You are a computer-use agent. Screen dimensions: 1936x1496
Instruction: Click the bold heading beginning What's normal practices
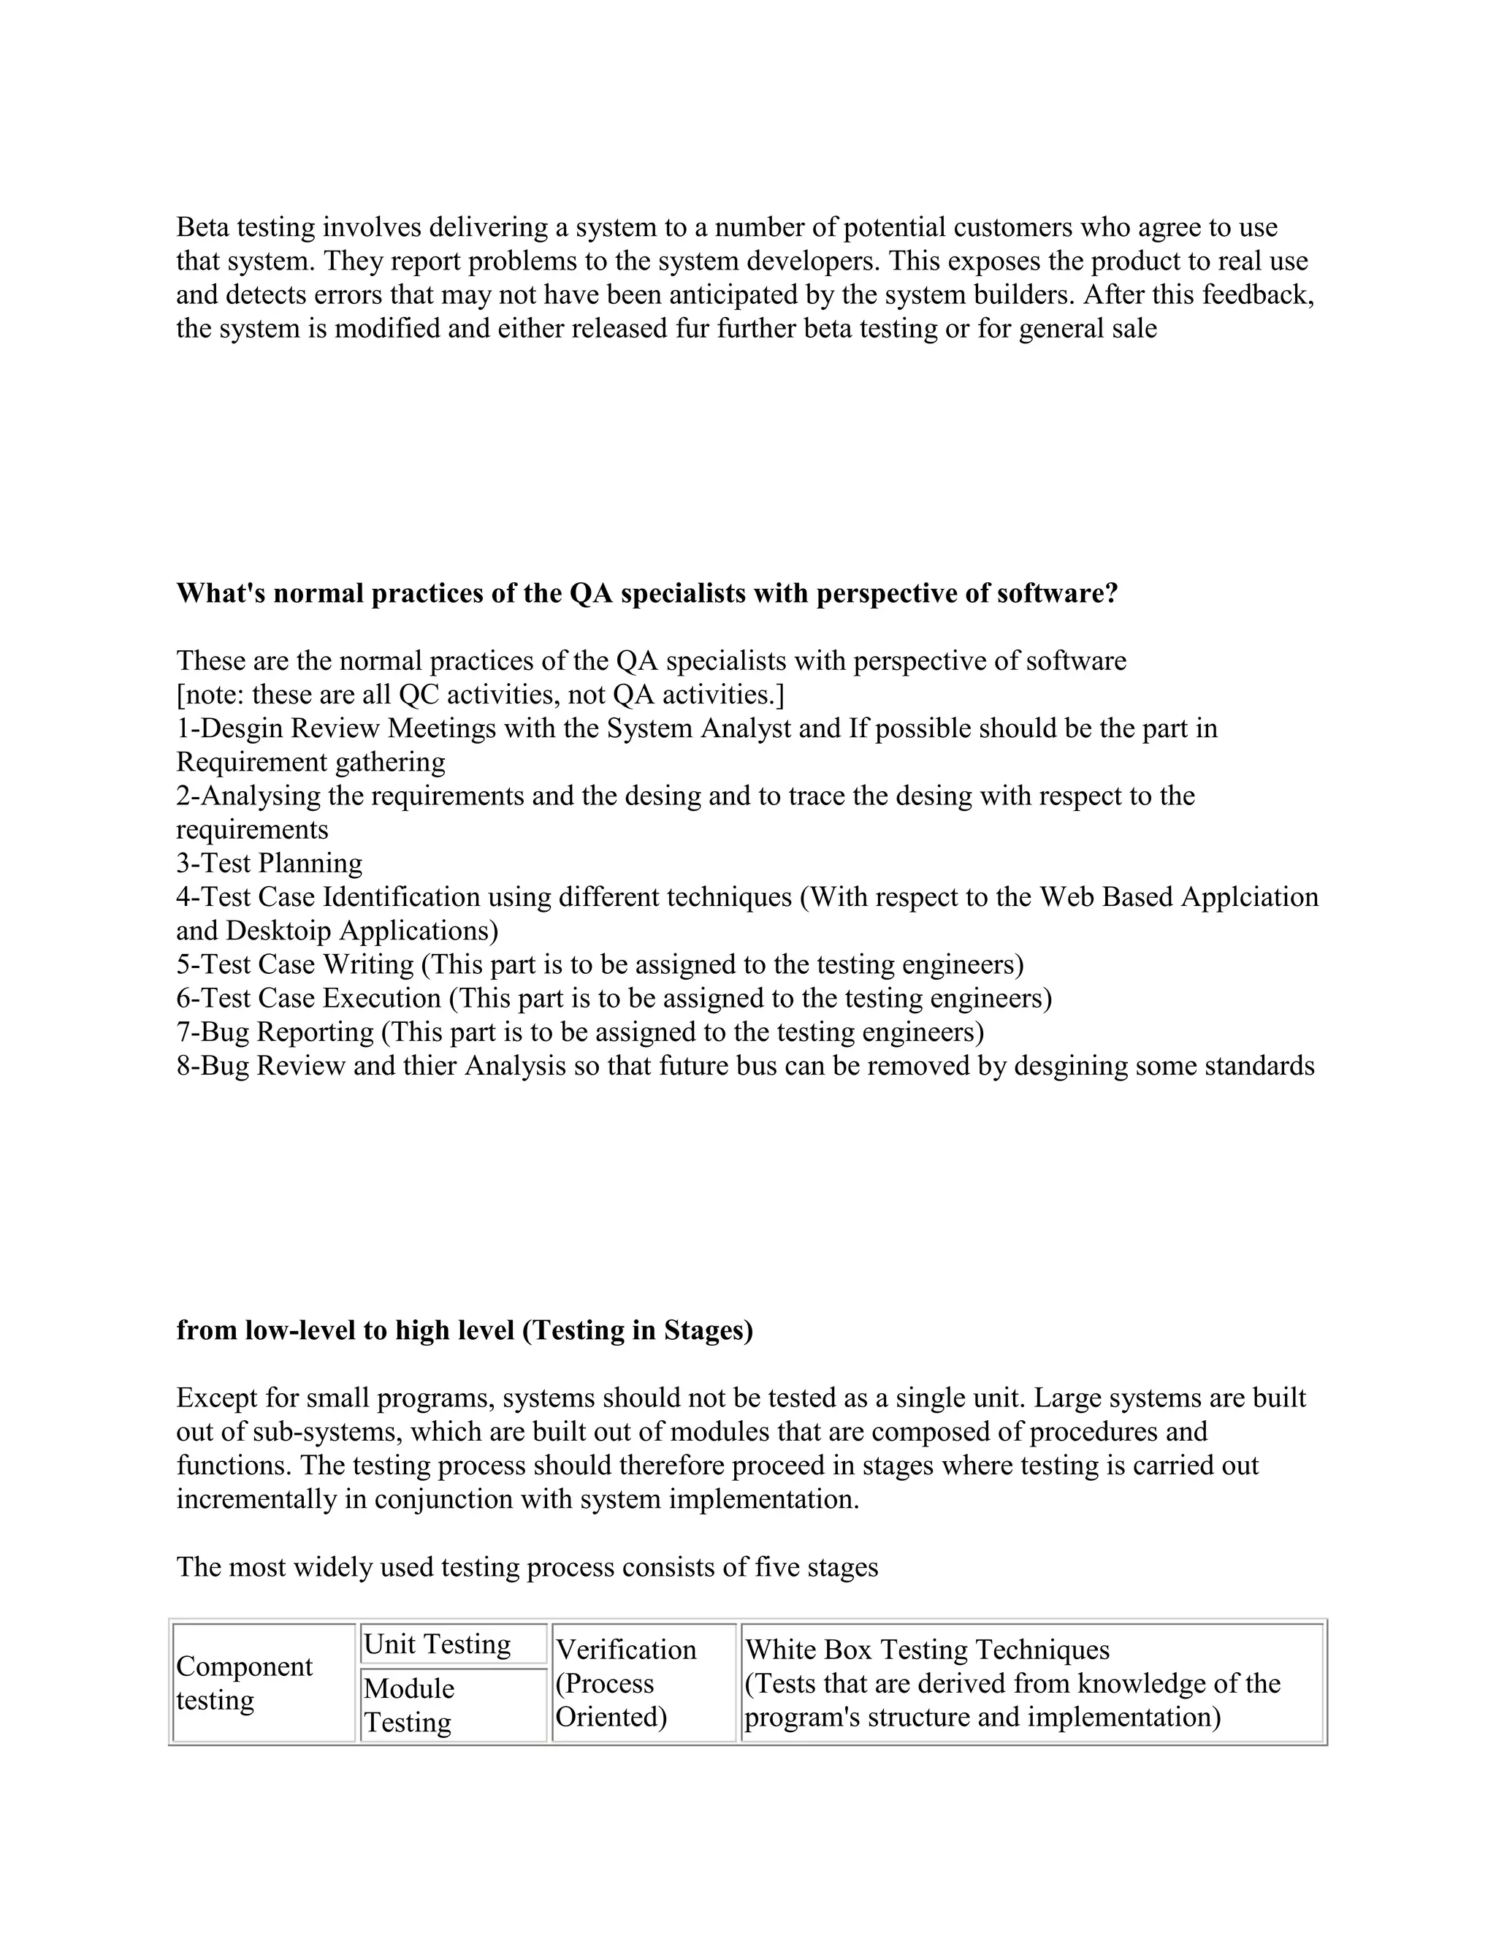[647, 593]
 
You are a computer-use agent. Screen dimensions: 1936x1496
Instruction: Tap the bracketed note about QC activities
[481, 695]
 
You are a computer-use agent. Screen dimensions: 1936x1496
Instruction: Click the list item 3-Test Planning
[270, 864]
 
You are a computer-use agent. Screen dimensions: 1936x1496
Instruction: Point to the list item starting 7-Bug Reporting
[581, 1032]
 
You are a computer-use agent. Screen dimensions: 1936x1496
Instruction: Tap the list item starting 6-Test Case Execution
[614, 998]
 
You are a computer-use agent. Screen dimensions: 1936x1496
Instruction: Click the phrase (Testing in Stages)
[637, 1330]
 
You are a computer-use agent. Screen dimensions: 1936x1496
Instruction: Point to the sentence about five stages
[527, 1567]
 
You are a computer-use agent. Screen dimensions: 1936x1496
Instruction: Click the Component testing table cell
[245, 1682]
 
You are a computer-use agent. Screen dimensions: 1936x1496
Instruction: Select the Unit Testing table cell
[438, 1645]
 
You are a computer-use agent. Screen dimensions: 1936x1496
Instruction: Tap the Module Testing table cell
[408, 1704]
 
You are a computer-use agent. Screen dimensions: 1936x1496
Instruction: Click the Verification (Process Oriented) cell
[626, 1682]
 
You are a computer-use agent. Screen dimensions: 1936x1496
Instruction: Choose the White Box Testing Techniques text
[927, 1650]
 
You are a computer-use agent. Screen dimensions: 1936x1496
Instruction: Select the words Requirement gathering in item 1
[310, 762]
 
